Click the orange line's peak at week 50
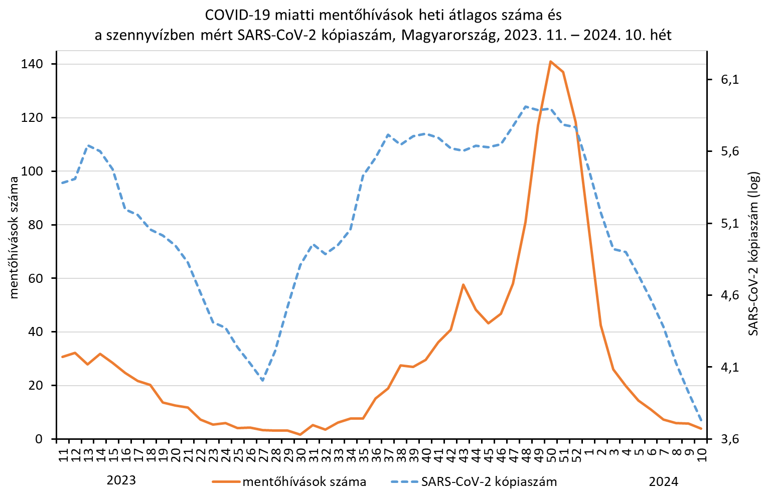point(550,62)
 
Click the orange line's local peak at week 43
point(463,284)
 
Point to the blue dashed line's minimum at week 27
point(262,381)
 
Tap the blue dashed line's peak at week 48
point(526,106)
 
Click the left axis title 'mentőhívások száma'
point(14,238)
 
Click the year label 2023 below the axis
point(121,480)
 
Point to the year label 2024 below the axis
point(663,482)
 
